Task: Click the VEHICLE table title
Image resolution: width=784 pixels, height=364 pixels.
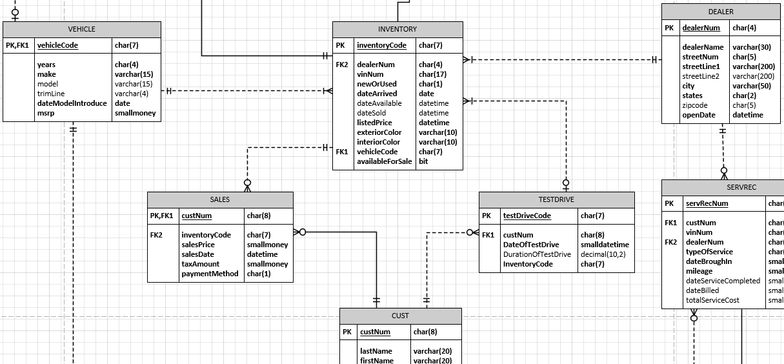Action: [81, 29]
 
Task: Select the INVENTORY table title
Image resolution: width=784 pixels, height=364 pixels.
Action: [397, 29]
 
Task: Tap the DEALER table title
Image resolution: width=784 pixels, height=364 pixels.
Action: [720, 12]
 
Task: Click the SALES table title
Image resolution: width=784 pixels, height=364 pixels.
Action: [220, 199]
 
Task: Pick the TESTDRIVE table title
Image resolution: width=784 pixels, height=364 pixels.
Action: [556, 199]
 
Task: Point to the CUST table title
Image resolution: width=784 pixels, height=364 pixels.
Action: [400, 316]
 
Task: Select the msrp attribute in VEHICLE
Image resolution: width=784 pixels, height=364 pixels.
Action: [46, 113]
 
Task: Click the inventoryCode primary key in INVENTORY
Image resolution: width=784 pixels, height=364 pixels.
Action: [382, 45]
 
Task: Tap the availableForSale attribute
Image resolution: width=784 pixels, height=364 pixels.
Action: [385, 161]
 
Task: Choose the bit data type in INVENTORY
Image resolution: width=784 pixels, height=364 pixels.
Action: [423, 161]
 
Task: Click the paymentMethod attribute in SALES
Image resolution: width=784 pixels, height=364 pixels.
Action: [210, 274]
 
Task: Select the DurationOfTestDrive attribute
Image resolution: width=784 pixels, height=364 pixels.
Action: [537, 254]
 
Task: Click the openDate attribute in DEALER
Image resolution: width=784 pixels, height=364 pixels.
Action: [699, 115]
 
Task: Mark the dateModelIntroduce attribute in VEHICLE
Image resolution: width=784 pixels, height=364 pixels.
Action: [72, 103]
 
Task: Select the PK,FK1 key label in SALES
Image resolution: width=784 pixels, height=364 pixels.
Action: [161, 216]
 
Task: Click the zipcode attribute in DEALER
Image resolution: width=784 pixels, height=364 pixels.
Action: [695, 105]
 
